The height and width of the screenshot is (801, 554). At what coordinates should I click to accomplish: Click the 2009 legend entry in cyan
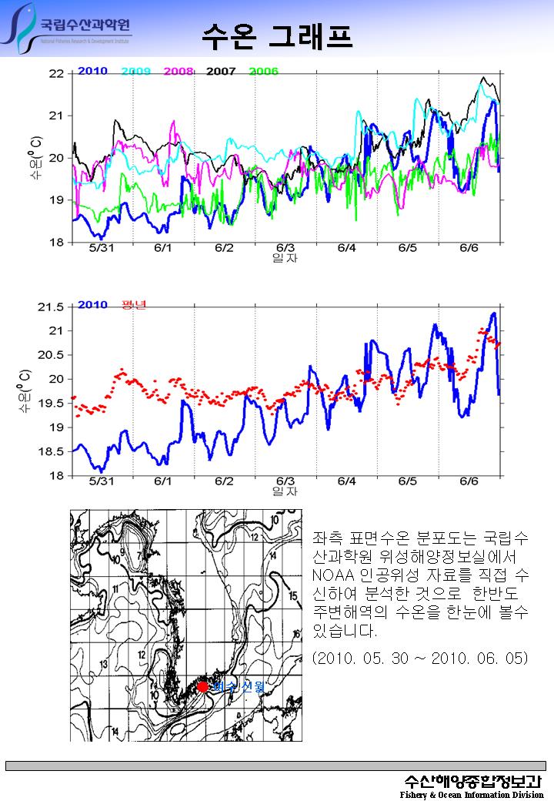tap(135, 72)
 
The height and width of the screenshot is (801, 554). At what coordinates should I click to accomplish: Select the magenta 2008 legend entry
tap(178, 72)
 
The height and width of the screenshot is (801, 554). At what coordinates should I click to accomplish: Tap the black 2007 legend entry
tap(221, 72)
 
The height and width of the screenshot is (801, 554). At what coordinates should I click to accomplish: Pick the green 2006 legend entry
tap(263, 72)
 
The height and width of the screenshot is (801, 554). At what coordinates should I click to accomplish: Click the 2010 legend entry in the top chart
tap(92, 72)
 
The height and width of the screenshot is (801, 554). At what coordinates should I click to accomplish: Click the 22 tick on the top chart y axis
tap(56, 74)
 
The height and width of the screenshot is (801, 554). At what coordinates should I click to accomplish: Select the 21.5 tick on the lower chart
tap(51, 307)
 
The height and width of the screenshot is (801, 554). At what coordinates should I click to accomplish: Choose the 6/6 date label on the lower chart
tap(469, 481)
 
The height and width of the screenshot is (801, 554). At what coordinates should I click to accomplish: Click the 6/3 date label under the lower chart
tap(285, 481)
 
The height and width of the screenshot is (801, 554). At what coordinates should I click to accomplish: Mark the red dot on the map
tap(202, 686)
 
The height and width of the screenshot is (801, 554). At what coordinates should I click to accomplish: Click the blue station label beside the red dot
tap(240, 686)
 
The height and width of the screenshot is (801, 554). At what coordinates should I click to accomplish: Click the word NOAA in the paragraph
tap(332, 575)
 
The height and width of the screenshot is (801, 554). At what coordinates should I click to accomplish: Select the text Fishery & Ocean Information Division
tap(471, 794)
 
